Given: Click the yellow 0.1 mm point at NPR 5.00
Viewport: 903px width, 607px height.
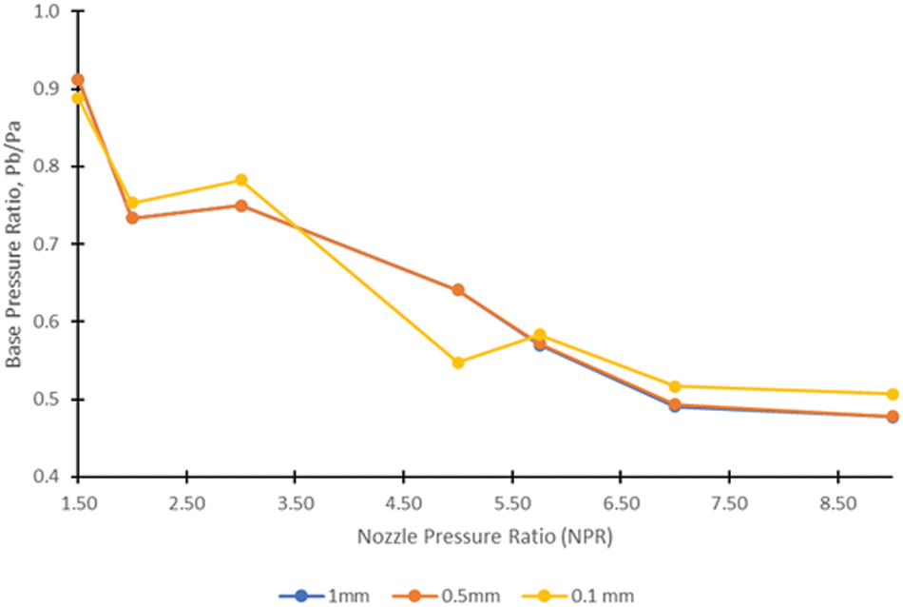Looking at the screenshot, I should point(458,362).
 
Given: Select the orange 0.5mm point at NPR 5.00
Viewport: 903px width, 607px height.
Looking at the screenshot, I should point(458,289).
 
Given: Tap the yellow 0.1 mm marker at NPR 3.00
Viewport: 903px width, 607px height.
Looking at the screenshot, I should point(241,180).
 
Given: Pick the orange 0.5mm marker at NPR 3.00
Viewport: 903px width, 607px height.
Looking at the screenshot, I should point(241,206).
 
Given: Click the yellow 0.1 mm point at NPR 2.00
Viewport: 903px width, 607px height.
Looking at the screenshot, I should point(133,203).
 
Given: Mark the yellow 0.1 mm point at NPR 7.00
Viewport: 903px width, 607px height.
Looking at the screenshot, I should point(675,386).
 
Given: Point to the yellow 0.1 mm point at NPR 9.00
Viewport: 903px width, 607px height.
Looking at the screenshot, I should point(893,394).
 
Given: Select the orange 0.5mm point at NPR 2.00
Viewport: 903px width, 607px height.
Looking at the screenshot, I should point(133,218).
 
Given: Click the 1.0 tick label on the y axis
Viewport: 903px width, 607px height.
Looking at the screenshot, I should point(47,11).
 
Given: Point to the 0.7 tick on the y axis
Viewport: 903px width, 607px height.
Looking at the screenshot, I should point(47,244).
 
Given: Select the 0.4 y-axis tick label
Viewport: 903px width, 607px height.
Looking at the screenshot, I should point(47,476).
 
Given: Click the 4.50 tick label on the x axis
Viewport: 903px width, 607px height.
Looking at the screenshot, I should point(404,502).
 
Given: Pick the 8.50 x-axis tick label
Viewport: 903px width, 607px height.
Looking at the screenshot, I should point(837,502).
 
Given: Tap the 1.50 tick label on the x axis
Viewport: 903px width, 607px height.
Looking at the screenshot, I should point(79,502).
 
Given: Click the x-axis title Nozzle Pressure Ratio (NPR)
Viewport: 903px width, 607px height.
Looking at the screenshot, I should point(485,537).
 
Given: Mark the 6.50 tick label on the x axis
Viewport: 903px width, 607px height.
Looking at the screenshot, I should point(621,502).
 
